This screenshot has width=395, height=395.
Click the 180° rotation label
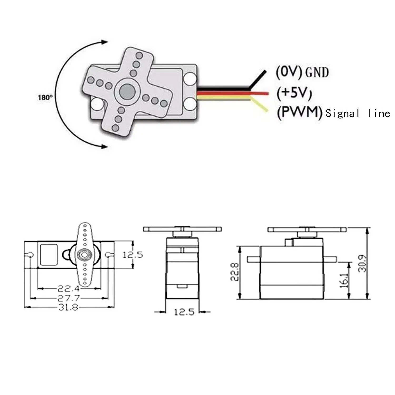pyautogui.click(x=45, y=97)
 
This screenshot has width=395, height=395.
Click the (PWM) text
pyautogui.click(x=299, y=113)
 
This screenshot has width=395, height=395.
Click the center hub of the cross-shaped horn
pyautogui.click(x=127, y=91)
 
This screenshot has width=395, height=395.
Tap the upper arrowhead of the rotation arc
pyautogui.click(x=105, y=42)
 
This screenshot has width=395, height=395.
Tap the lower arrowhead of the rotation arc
pyautogui.click(x=105, y=146)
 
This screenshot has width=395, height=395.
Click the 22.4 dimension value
pyautogui.click(x=68, y=289)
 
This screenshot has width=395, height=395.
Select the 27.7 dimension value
pyautogui.click(x=68, y=298)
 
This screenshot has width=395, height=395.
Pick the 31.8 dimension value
pyautogui.click(x=68, y=307)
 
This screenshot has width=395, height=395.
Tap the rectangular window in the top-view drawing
pyautogui.click(x=49, y=254)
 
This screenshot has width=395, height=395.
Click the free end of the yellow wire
pyautogui.click(x=267, y=111)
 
